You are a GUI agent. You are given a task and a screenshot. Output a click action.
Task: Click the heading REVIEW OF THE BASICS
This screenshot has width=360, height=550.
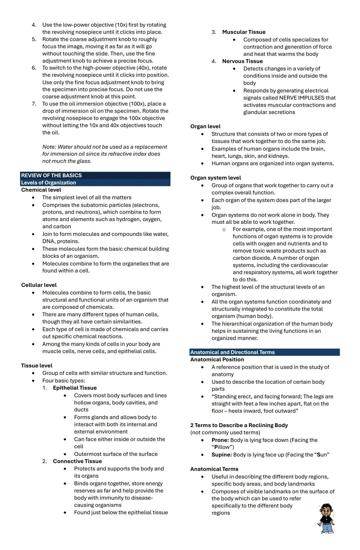click(51, 175)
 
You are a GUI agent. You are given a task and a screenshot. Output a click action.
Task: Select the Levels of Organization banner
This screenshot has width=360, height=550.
click(49, 183)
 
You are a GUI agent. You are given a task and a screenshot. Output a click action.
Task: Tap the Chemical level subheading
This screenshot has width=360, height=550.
click(41, 190)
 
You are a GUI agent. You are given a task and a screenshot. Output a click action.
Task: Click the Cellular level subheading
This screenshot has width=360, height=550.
click(39, 285)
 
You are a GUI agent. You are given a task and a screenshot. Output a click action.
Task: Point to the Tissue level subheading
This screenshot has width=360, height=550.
click(37, 365)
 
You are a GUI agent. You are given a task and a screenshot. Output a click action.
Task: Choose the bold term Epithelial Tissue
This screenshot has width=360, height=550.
click(75, 388)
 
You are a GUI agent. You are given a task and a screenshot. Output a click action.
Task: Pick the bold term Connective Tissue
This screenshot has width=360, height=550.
click(77, 461)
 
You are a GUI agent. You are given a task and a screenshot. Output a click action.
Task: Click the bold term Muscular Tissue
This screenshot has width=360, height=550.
click(244, 32)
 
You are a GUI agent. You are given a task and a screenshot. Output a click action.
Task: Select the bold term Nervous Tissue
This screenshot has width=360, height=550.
click(242, 61)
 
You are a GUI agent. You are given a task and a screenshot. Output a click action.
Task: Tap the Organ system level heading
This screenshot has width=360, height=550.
click(215, 178)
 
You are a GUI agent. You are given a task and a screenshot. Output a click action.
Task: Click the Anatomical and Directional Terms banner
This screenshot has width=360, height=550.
click(232, 352)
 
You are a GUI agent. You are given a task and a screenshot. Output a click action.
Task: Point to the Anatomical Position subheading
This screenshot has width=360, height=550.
click(217, 359)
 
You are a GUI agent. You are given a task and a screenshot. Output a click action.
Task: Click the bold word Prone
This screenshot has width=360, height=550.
click(220, 440)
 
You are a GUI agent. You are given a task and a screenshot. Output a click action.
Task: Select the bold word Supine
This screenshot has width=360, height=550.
click(222, 455)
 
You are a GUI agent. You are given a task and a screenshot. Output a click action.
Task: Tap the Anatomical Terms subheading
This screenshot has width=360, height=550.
click(214, 469)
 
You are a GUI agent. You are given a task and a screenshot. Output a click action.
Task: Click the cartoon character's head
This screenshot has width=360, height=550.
click(326, 510)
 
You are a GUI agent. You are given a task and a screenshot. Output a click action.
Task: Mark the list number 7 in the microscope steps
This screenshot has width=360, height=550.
click(34, 104)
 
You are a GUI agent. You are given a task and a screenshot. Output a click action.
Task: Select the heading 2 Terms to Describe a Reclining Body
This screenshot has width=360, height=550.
click(239, 425)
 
